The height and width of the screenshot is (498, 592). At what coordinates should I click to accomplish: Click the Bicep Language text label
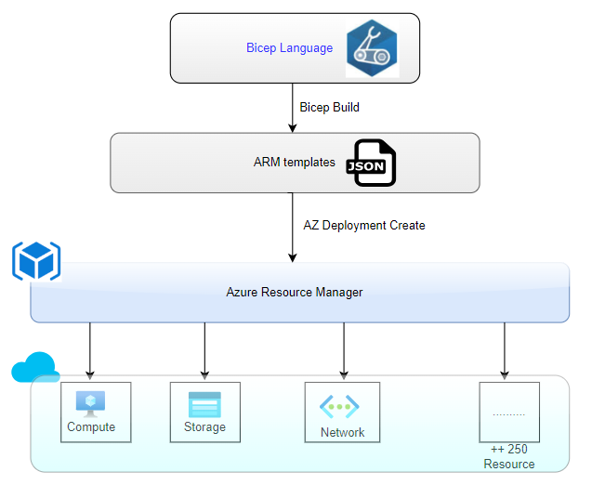coord(289,48)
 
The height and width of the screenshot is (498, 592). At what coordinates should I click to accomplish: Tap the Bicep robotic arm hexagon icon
coord(372,48)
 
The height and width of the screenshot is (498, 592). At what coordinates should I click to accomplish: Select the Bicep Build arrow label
coord(329,108)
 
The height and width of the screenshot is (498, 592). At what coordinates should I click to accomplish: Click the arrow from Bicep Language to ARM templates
coord(293,108)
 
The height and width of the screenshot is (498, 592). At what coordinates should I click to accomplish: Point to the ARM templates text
coord(294,163)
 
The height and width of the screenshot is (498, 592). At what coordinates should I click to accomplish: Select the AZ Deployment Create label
coord(364,226)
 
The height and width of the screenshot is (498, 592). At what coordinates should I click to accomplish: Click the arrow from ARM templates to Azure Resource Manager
coord(293,228)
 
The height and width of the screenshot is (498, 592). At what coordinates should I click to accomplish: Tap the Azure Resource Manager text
coord(295,293)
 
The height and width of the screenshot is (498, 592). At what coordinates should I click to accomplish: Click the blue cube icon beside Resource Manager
coord(36,261)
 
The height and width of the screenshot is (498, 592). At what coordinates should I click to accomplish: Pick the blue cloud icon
coord(35,368)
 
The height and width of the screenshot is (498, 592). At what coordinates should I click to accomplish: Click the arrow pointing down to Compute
coord(90,351)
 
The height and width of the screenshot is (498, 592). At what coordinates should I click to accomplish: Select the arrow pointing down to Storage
coord(204,351)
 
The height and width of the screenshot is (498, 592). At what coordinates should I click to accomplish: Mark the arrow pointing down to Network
coord(344,351)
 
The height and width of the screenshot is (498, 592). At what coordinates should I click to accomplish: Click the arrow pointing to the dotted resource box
coord(505,351)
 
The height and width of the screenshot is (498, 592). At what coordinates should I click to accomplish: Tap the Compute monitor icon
coord(91,403)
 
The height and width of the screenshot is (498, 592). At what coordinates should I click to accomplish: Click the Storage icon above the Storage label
coord(204,405)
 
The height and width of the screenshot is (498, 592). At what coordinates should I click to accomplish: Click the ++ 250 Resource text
coord(508,456)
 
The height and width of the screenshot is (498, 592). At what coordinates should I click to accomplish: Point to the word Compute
coord(91,427)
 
